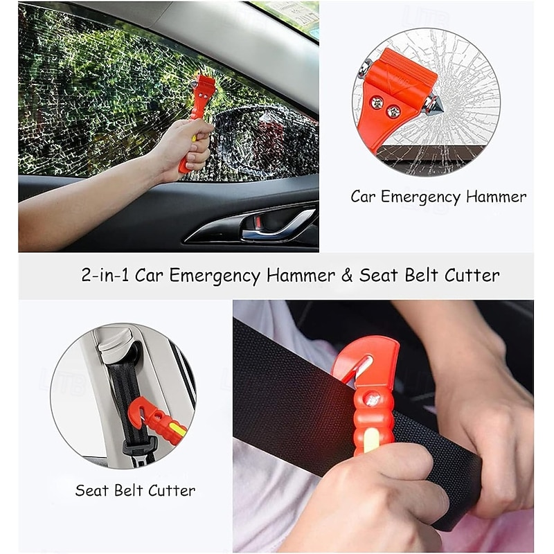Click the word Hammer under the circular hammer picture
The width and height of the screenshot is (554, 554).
496,197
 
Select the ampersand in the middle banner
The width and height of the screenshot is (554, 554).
347,275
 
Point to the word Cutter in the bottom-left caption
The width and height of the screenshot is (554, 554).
172,490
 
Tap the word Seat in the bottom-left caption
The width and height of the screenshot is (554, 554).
91,490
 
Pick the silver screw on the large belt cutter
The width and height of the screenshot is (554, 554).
372,400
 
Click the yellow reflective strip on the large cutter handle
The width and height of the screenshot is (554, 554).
371,440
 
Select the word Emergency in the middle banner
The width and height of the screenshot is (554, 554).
215,276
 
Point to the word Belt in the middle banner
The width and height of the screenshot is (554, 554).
422,275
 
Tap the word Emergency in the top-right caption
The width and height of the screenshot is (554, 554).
420,197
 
